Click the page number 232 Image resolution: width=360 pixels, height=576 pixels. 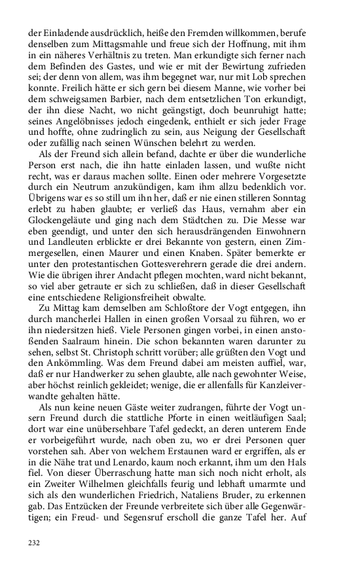[35, 543]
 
